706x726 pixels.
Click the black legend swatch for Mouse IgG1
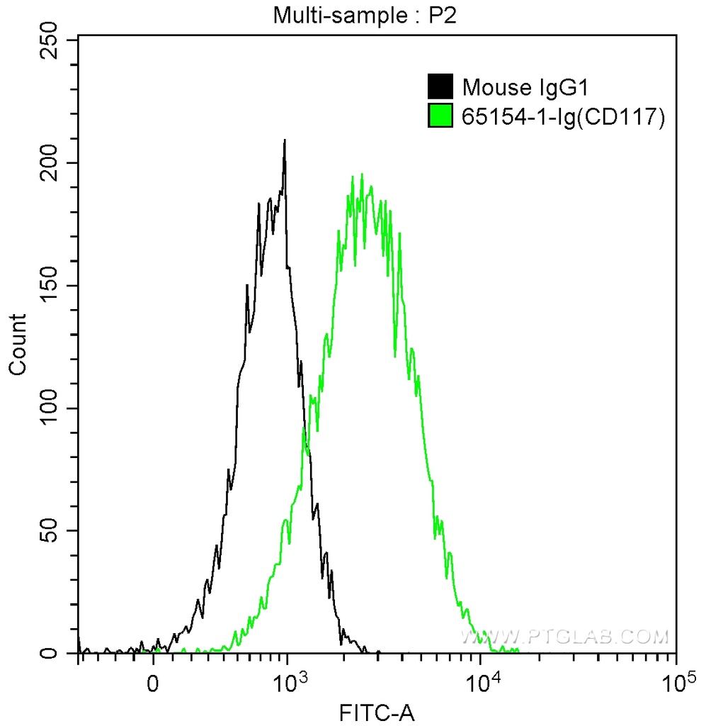point(440,88)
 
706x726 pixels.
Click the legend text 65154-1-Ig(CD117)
point(564,116)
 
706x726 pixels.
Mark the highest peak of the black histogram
point(285,140)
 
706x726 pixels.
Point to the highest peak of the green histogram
point(362,174)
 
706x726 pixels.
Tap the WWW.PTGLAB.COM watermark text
point(564,637)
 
